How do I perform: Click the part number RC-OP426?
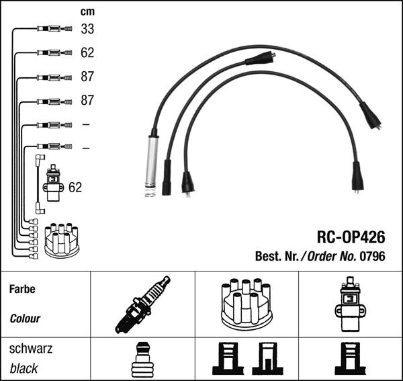point(351,237)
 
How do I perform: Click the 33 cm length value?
point(87,29)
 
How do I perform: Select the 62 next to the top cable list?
point(87,52)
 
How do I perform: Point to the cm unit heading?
point(87,11)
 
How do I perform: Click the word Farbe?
point(22,290)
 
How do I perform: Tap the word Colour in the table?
point(25,319)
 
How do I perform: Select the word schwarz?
point(31,349)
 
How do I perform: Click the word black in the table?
point(24,369)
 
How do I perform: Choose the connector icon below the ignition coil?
point(349,359)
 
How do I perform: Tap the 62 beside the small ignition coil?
point(75,187)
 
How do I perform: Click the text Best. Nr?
point(276,257)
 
